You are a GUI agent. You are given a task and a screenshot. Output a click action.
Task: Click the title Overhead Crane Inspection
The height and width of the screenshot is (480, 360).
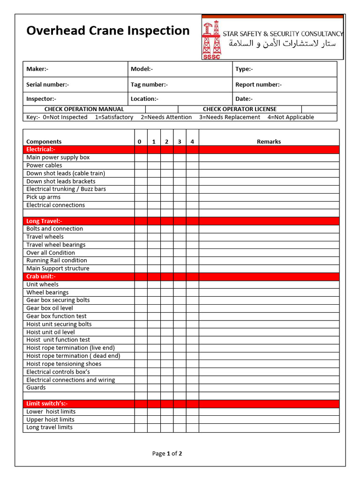tap(108, 31)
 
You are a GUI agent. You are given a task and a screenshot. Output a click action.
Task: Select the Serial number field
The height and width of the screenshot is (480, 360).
tap(75, 85)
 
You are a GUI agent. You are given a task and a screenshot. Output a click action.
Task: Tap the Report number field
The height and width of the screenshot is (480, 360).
tap(285, 85)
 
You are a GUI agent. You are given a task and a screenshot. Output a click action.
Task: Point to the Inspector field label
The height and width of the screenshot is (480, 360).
tap(41, 99)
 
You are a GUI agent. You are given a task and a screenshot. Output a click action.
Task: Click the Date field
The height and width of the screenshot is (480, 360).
tap(285, 99)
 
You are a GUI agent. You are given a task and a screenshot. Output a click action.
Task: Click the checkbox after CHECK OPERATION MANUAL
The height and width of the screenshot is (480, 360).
tap(161, 109)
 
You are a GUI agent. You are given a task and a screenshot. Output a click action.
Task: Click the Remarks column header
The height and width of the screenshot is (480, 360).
tap(269, 142)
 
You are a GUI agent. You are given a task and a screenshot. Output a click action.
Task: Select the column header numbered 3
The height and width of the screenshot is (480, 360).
tap(180, 142)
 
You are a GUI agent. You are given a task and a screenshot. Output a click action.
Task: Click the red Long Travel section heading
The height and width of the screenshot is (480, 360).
tap(44, 221)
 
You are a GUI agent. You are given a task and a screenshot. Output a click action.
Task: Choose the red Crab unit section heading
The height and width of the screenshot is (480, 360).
tap(41, 277)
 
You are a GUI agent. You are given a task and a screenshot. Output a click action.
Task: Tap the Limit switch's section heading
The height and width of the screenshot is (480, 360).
tap(47, 404)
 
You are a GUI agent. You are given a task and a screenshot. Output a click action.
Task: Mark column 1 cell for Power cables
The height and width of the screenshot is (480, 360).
tap(154, 165)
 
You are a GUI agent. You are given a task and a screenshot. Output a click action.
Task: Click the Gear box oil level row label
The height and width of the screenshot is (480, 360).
tap(50, 308)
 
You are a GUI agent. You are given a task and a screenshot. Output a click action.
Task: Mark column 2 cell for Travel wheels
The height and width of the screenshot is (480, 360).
tap(166, 237)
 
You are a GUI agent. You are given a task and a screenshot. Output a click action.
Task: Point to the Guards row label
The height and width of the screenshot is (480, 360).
tap(36, 388)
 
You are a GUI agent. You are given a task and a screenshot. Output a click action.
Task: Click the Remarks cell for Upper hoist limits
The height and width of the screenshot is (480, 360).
tap(269, 420)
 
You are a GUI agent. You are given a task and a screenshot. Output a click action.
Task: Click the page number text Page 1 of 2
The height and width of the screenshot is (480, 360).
tap(167, 453)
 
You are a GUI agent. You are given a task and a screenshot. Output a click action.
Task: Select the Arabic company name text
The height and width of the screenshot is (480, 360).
tap(282, 44)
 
